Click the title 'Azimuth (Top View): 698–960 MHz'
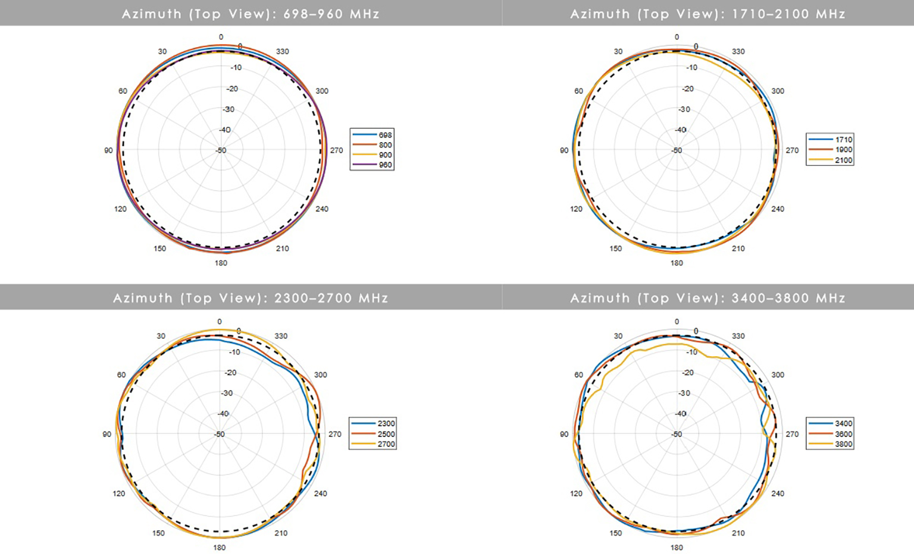(x=251, y=14)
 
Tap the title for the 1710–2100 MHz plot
(x=708, y=14)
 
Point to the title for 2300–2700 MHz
(x=251, y=298)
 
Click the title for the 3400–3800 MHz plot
(x=708, y=298)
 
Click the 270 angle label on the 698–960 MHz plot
(x=337, y=150)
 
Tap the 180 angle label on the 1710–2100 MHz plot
(x=677, y=263)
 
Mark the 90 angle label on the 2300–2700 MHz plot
(x=107, y=434)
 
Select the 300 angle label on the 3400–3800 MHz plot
(x=778, y=374)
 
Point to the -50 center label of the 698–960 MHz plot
(x=221, y=150)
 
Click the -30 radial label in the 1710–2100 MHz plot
(x=684, y=109)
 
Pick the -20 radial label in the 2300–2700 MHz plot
(x=230, y=373)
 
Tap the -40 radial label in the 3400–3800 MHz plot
(x=680, y=413)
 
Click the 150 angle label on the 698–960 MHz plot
(x=160, y=248)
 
